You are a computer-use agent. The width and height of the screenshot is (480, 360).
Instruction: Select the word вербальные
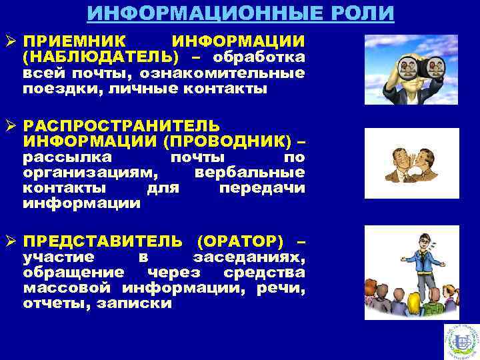[250, 173]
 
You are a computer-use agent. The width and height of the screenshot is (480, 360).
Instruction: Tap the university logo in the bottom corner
[461, 341]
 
